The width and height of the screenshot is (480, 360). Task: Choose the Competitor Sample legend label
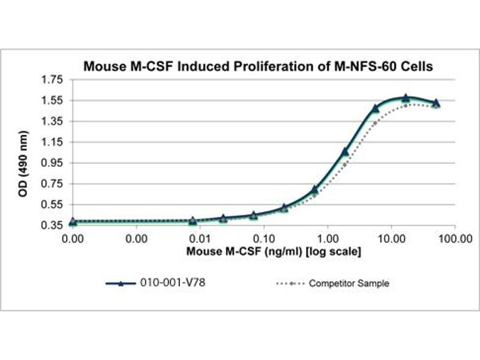click(x=349, y=283)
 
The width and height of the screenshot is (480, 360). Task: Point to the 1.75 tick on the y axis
click(x=53, y=79)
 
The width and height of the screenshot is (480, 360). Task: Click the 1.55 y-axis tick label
click(x=53, y=100)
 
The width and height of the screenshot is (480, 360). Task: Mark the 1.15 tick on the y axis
click(x=53, y=142)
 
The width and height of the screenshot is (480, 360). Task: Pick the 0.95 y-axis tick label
click(x=53, y=163)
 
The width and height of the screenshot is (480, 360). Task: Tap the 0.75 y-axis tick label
click(x=53, y=184)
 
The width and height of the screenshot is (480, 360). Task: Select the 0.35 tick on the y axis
click(x=53, y=226)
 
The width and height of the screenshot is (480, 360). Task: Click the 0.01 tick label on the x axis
click(x=200, y=238)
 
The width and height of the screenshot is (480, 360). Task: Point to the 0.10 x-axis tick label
click(x=263, y=238)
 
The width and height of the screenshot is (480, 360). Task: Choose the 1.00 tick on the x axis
click(x=327, y=238)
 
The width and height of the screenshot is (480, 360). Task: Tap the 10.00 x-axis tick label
click(x=391, y=238)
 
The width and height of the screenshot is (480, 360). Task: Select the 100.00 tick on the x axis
click(x=454, y=238)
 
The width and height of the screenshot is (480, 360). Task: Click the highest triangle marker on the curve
click(x=406, y=98)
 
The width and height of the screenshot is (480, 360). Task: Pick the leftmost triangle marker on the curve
click(x=73, y=221)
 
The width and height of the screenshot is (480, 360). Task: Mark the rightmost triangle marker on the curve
click(x=436, y=103)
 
